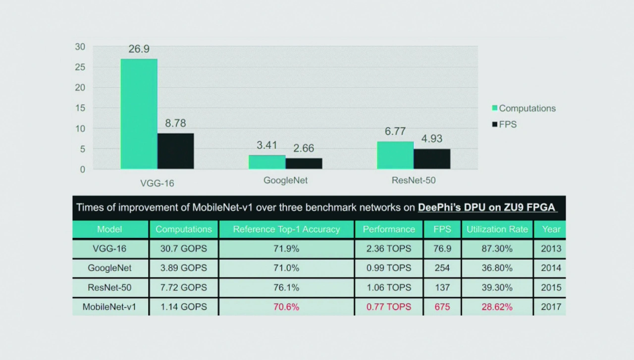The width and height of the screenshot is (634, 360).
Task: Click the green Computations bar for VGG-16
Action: pos(139,114)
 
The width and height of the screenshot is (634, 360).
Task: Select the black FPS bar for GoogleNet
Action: pos(304,163)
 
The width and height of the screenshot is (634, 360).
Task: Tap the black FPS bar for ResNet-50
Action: pos(432,158)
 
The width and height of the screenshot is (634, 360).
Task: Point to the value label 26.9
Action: pos(139,49)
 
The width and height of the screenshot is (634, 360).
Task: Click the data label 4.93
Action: pos(432,139)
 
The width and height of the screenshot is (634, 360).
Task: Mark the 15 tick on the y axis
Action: pos(80,108)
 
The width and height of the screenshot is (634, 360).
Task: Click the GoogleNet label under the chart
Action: pos(285,180)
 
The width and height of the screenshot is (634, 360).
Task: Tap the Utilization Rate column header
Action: pos(497,229)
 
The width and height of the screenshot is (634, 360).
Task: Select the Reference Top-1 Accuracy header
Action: pos(286,229)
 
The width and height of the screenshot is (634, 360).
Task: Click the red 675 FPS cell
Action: pos(442,307)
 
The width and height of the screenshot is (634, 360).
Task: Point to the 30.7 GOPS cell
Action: pos(183,249)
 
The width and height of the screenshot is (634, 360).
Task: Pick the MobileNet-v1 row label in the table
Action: pos(109,307)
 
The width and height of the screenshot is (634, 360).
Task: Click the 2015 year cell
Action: pos(551,287)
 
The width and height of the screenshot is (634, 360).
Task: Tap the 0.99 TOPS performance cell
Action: pos(389,268)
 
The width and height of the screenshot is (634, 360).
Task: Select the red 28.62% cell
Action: pos(497,307)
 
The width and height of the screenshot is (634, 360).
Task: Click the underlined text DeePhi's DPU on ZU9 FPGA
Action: pos(486,207)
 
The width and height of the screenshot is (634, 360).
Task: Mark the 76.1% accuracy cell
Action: pos(286,287)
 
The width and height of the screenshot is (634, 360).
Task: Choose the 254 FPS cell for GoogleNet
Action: pos(442,268)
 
